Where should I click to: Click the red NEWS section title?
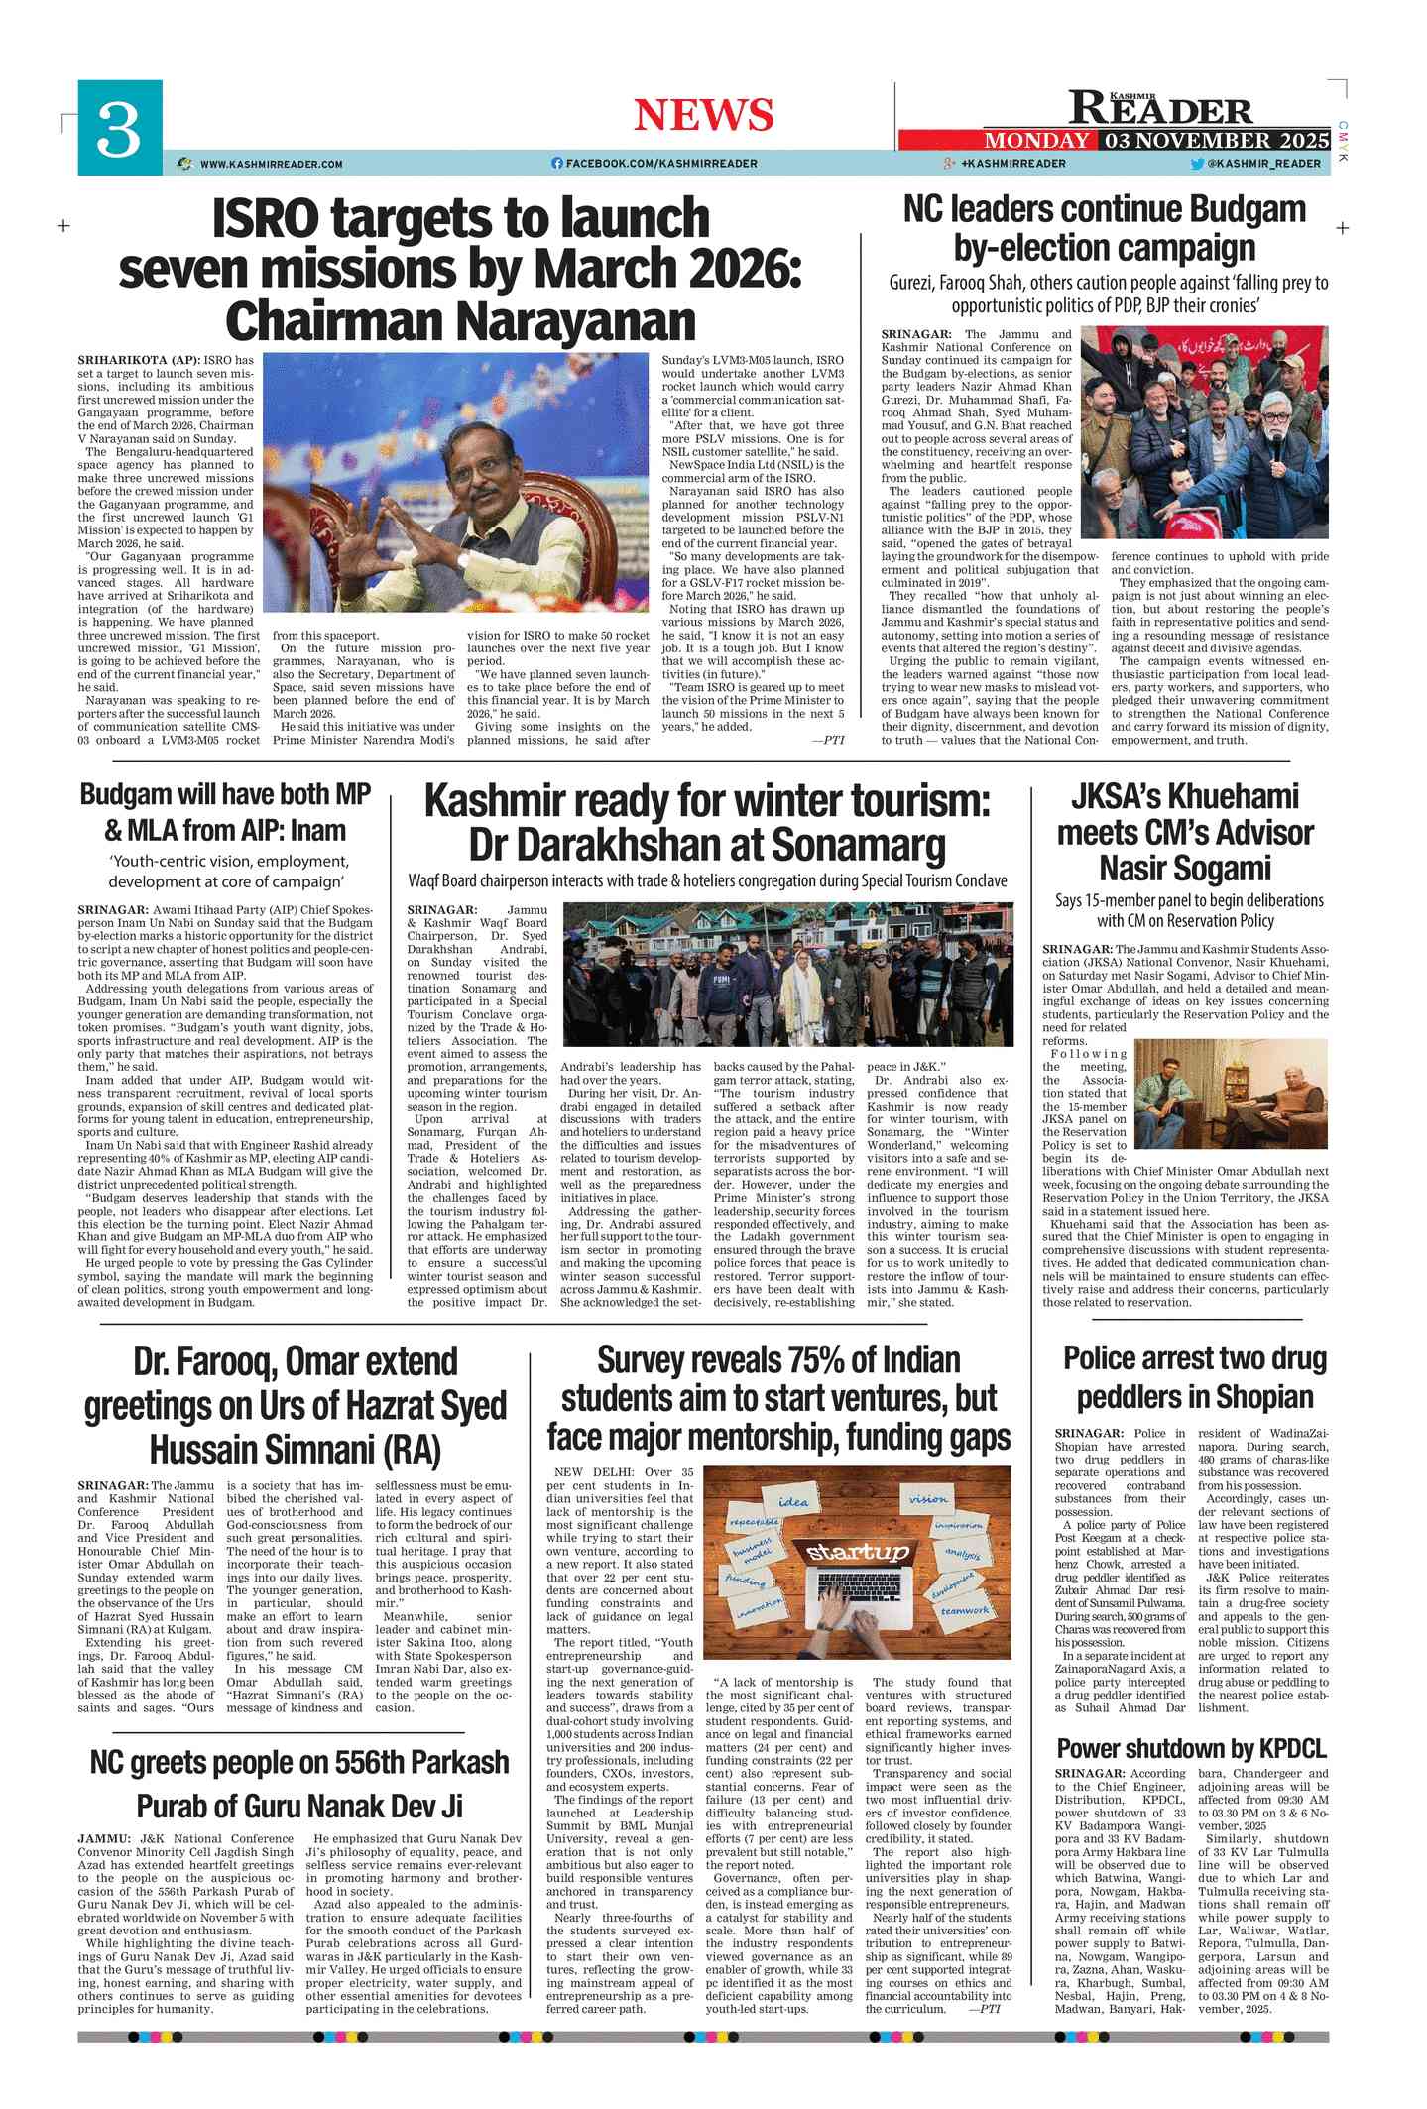coord(703,115)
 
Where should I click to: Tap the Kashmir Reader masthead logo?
coord(1160,107)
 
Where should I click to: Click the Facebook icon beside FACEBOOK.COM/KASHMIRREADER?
coord(557,164)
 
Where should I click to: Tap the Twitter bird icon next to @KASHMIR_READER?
coord(1197,164)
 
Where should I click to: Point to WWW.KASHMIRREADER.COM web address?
coord(271,164)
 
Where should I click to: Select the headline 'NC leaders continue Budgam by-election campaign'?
coord(1105,228)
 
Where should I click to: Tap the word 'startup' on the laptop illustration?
coord(857,1552)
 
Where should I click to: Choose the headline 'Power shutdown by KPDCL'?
coord(1191,1748)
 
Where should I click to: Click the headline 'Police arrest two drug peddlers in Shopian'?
coord(1194,1377)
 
